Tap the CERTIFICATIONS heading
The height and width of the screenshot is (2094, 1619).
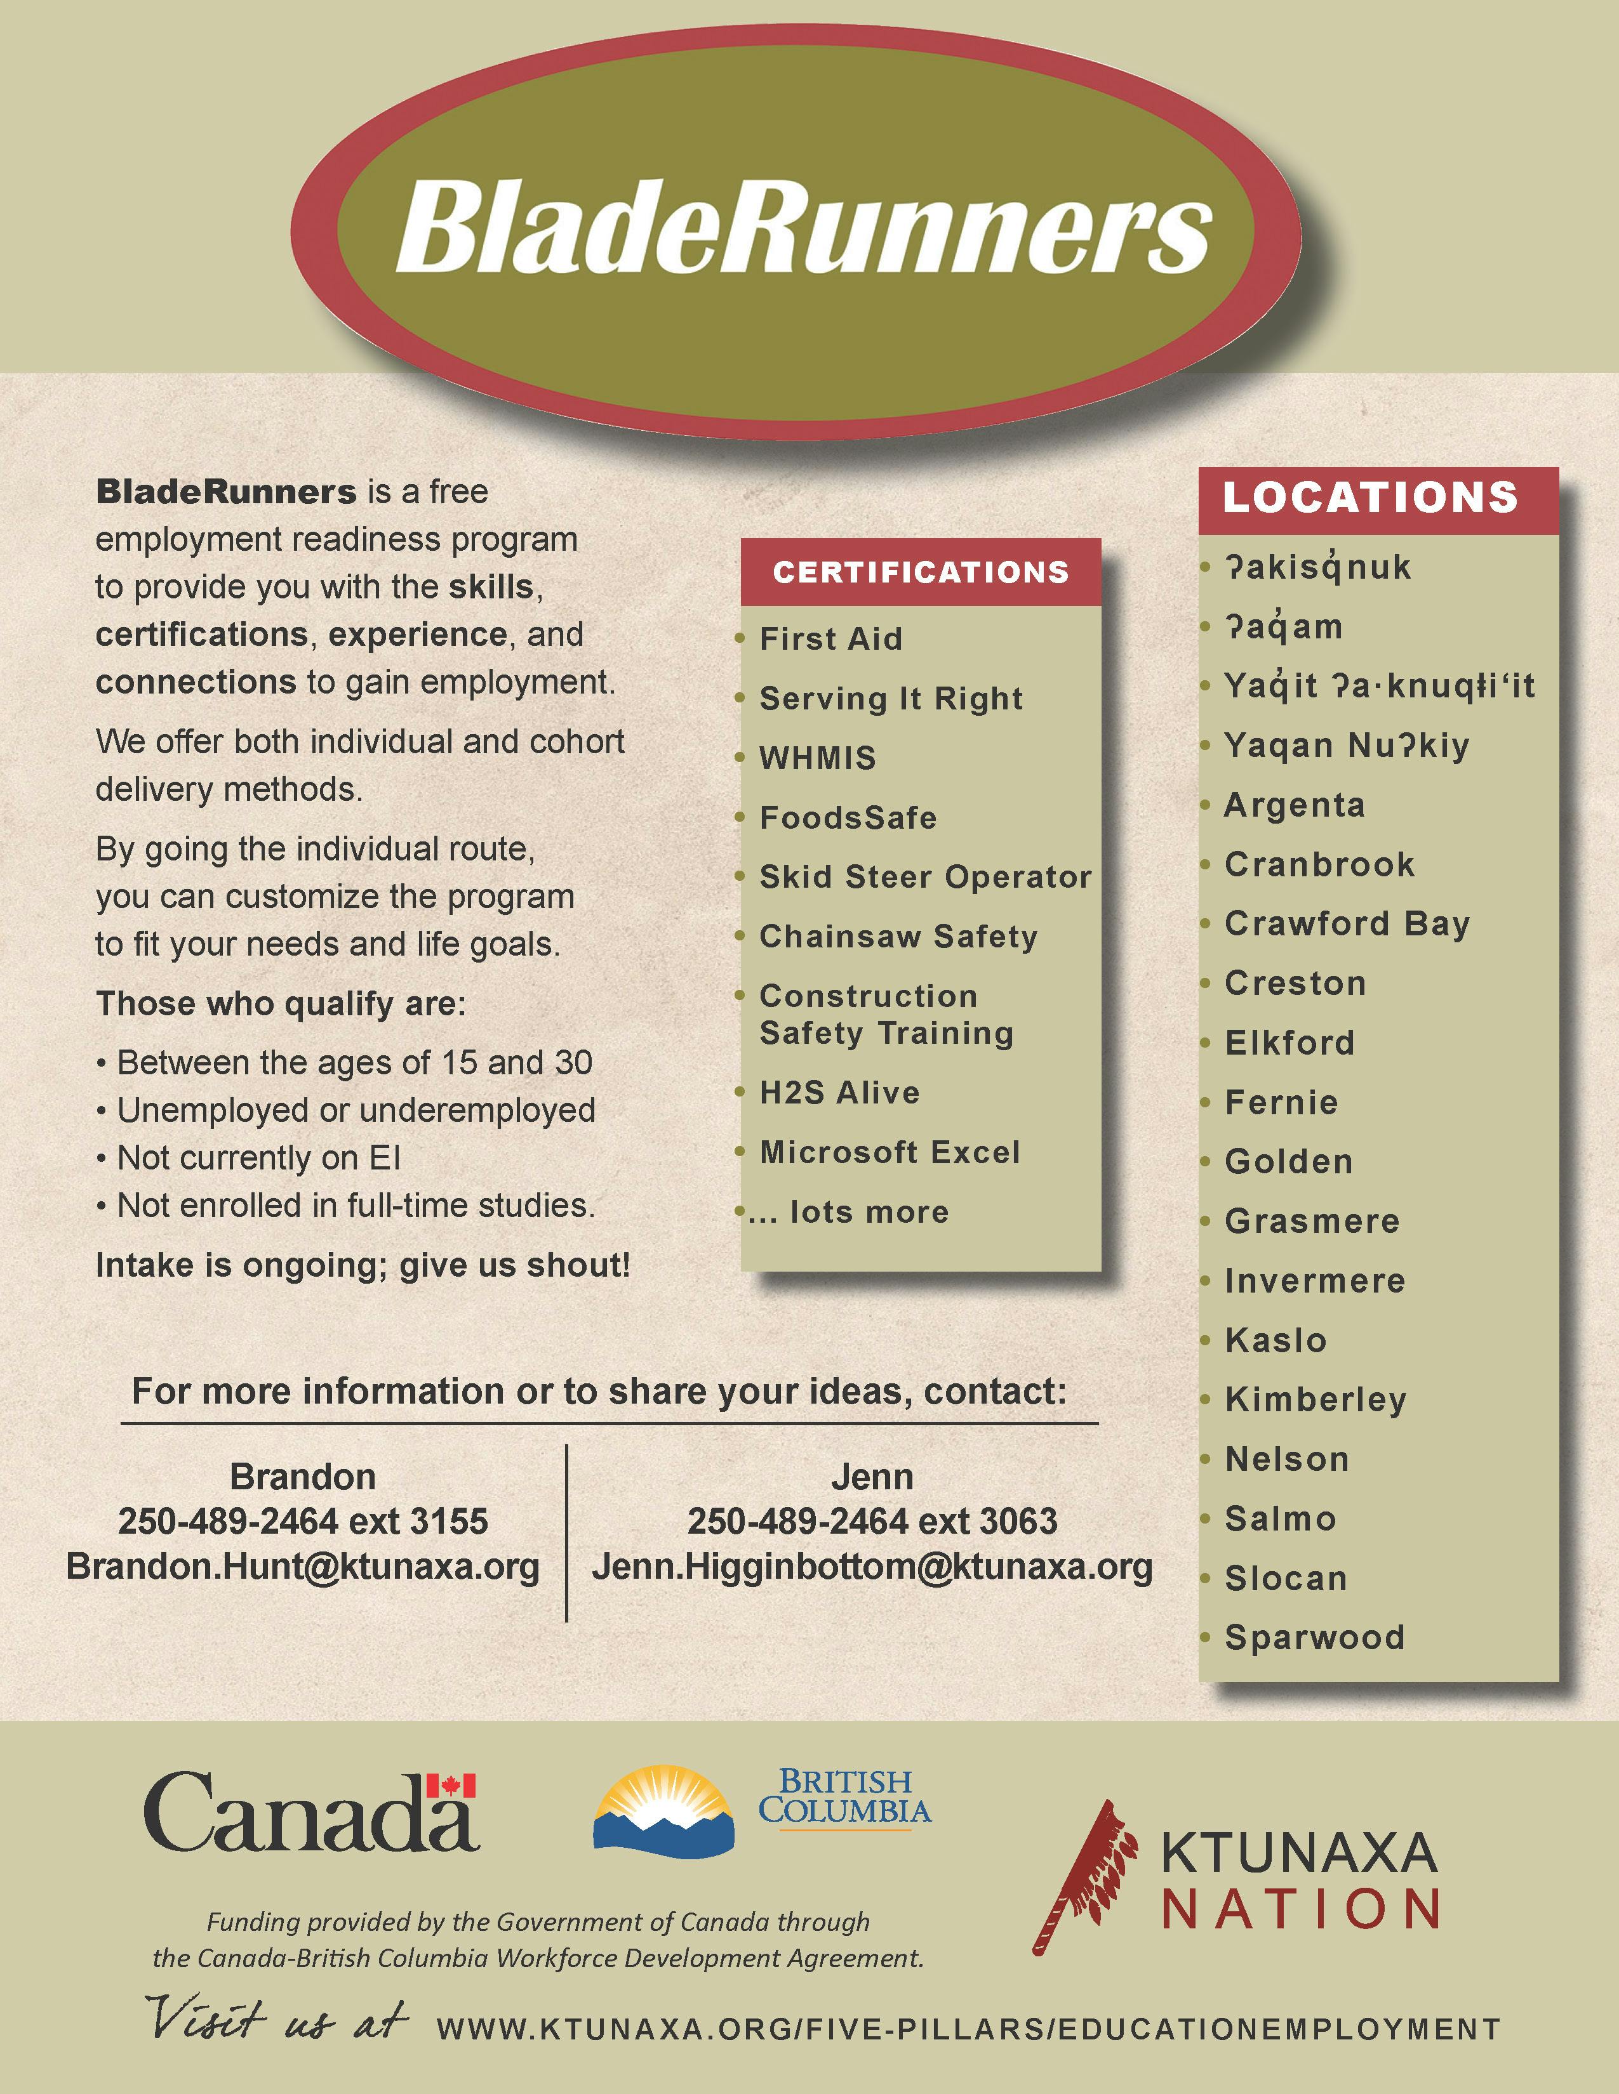(x=921, y=572)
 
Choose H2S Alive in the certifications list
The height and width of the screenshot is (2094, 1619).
(x=839, y=1093)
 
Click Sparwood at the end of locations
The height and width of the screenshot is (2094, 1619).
(x=1314, y=1638)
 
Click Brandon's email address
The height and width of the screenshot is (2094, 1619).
(x=303, y=1567)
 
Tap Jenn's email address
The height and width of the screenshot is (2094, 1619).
(x=872, y=1567)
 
